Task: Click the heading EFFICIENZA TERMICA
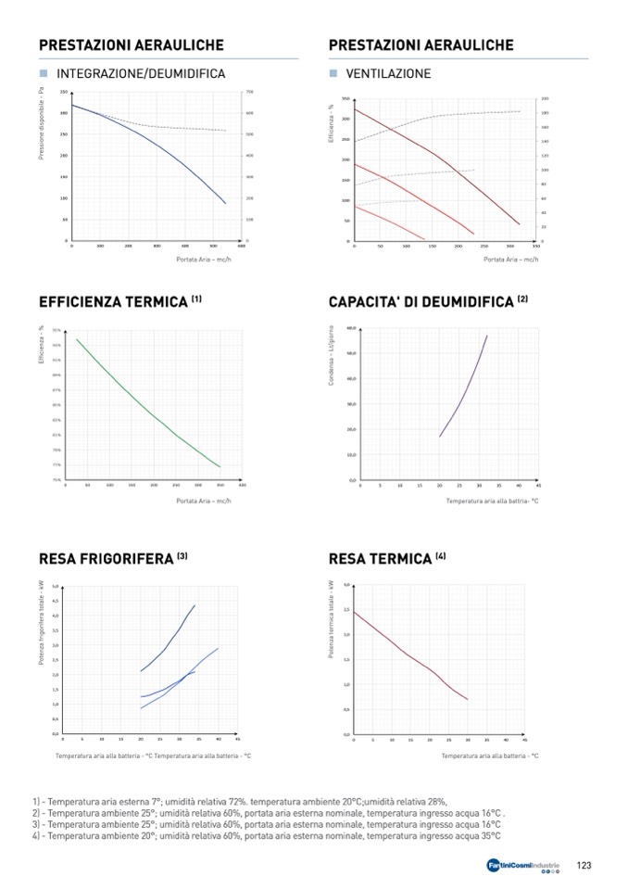point(113,302)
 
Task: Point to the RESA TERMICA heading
point(381,559)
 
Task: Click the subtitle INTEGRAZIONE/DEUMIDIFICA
point(141,73)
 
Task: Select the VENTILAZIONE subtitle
point(388,73)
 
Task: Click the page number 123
point(584,865)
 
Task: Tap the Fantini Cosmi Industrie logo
point(523,866)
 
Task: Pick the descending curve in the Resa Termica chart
point(408,654)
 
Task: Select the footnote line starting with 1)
point(239,801)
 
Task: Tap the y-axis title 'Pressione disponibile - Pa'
point(42,123)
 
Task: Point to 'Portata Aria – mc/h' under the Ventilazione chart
point(510,260)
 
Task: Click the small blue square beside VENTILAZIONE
point(333,73)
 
